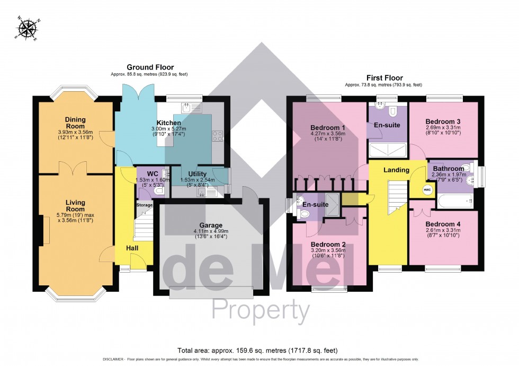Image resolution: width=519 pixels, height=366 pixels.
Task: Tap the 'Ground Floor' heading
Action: (x=149, y=67)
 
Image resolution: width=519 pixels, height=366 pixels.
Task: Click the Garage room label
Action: (x=211, y=225)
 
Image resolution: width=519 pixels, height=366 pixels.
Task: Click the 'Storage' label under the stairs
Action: (x=145, y=205)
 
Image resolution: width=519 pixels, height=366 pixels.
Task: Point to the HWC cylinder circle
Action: (x=427, y=190)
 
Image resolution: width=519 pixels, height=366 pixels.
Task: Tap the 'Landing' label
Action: (x=396, y=170)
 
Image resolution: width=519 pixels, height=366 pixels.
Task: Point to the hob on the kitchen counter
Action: (x=217, y=135)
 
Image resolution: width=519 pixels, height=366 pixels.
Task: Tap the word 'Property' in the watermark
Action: (x=261, y=310)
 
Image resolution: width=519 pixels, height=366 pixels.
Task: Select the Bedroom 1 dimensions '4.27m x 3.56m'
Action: (x=328, y=134)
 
